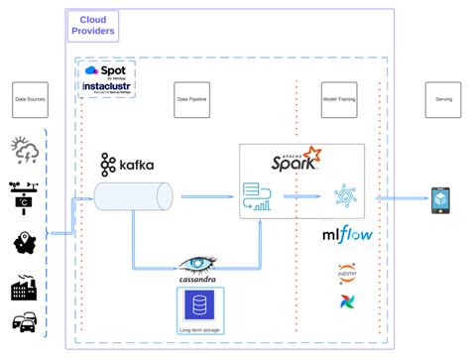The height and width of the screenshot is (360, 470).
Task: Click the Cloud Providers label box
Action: click(93, 26)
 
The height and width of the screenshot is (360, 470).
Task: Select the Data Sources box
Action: click(31, 99)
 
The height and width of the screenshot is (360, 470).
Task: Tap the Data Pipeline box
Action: click(191, 99)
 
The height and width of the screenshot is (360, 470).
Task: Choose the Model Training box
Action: click(341, 99)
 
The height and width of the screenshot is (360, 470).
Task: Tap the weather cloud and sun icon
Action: click(25, 151)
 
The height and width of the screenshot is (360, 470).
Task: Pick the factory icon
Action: click(24, 289)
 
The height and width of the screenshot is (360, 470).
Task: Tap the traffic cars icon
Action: click(24, 322)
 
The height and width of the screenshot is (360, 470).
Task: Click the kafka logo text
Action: click(127, 165)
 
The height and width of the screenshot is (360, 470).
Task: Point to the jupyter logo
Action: click(346, 273)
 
